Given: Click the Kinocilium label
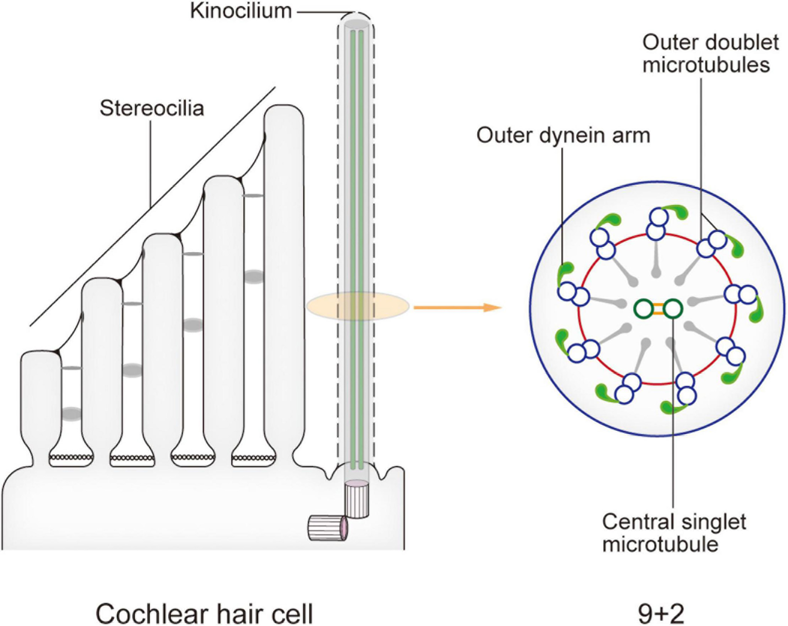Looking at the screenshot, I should (x=241, y=11).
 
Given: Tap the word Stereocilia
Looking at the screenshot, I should (x=152, y=109).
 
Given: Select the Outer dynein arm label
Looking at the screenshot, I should (x=563, y=135).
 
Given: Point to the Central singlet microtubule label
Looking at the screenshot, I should (x=674, y=533).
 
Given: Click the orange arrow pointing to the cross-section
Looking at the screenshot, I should (x=458, y=308).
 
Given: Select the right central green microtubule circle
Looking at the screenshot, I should (x=673, y=308).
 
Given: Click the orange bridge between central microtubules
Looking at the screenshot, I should (x=658, y=308).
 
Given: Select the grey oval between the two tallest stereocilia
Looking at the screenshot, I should (x=254, y=277).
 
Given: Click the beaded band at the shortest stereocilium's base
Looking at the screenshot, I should (x=71, y=457).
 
